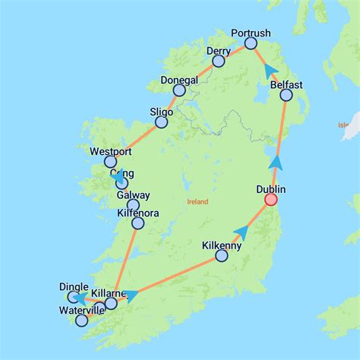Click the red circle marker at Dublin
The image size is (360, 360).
(x=270, y=200)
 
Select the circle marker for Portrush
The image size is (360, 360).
(x=251, y=43)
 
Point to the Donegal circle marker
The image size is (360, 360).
(x=179, y=90)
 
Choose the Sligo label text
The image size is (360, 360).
(x=162, y=112)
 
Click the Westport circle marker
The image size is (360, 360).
(x=110, y=162)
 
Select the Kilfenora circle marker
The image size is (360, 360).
(x=137, y=223)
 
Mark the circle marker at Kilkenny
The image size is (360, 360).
(x=221, y=256)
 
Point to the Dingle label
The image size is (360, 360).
(x=74, y=286)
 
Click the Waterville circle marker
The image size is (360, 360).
(x=81, y=321)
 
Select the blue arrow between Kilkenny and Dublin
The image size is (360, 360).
(x=241, y=232)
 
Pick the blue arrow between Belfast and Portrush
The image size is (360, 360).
(x=269, y=71)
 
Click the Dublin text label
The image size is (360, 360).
(x=272, y=188)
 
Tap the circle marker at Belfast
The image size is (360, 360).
(x=286, y=95)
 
